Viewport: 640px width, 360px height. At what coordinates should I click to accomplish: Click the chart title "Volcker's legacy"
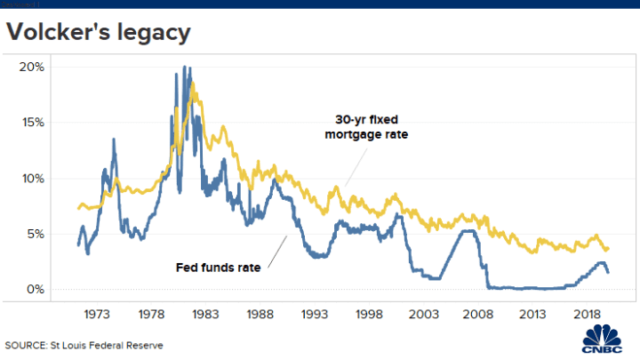click(x=98, y=34)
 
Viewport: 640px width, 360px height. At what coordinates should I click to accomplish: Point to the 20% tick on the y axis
click(x=32, y=67)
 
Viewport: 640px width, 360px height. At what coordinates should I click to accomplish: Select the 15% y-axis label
click(x=32, y=123)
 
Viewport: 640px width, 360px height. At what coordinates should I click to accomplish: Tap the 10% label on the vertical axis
click(x=32, y=179)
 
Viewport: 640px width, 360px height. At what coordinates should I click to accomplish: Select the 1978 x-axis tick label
click(x=151, y=314)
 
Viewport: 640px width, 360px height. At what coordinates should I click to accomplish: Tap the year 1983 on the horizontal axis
click(x=205, y=314)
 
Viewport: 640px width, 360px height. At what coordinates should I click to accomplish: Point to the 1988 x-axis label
click(x=260, y=314)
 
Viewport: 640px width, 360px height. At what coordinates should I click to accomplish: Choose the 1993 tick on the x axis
click(x=314, y=314)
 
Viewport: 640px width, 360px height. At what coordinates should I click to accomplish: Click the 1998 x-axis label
click(x=368, y=314)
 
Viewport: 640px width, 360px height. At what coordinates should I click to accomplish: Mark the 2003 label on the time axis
click(x=423, y=314)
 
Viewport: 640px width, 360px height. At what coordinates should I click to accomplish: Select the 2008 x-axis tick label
click(x=477, y=314)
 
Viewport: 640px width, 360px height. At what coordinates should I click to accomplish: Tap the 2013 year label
click(x=532, y=314)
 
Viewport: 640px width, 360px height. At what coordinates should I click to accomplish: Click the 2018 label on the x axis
click(x=586, y=314)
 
